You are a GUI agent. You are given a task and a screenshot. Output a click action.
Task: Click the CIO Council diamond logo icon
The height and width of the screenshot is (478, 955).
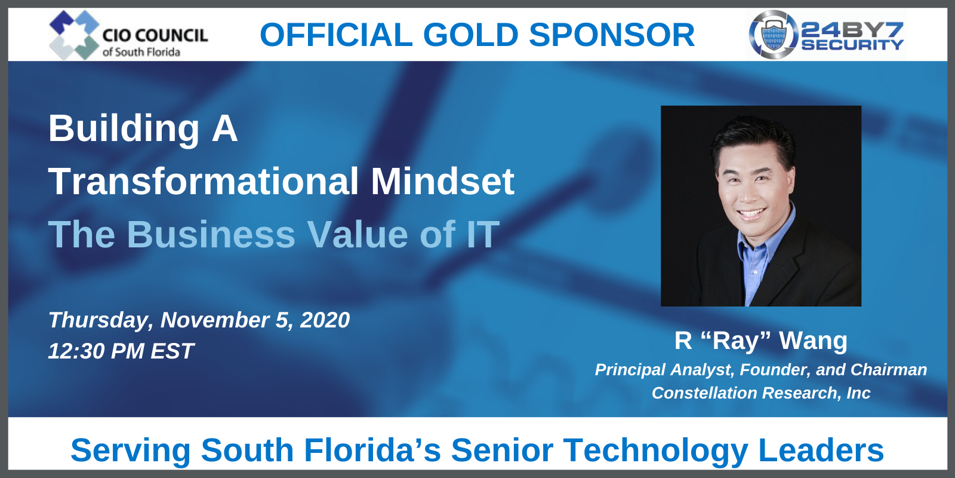point(74,35)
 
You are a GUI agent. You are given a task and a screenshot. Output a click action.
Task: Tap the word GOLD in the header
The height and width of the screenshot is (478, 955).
point(471,35)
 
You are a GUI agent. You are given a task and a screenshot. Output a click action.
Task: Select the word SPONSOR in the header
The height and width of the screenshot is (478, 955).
point(612,35)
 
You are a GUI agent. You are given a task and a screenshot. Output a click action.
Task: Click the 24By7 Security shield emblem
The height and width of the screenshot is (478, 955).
point(774,35)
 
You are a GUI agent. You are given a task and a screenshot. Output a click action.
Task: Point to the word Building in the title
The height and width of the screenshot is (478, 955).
point(124,130)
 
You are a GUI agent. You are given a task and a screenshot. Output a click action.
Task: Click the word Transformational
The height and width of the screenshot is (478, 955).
point(204,182)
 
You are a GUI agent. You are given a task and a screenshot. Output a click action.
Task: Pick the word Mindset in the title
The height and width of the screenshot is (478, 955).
point(442,182)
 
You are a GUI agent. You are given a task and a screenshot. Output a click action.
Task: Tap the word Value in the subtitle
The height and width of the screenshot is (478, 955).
point(358,234)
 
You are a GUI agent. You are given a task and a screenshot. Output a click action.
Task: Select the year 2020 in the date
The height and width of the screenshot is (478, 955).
point(325,320)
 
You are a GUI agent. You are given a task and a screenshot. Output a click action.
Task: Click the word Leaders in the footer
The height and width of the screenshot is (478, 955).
point(821,451)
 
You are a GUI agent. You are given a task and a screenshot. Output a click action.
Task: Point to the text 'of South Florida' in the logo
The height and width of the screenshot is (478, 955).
point(141,52)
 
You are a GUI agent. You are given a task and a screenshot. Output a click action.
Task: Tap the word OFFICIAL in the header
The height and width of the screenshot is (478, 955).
point(336,35)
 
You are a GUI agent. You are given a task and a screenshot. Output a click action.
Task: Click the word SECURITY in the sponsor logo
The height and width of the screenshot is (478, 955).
point(852,45)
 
